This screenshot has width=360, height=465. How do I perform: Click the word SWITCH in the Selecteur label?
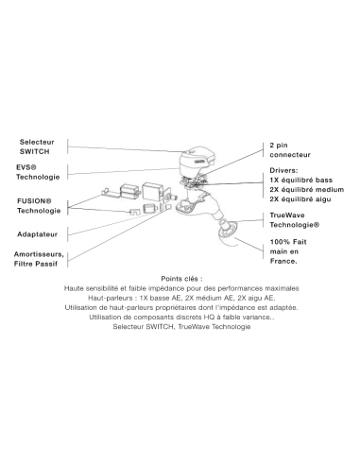click(x=35, y=151)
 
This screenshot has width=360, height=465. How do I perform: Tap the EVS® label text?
click(x=26, y=167)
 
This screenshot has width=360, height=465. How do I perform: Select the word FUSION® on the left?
click(x=34, y=200)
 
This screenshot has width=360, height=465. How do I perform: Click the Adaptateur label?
click(x=38, y=234)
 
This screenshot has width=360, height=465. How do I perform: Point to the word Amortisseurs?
click(x=39, y=254)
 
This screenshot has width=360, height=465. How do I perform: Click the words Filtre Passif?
click(x=36, y=264)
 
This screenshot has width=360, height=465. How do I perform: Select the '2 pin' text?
click(x=279, y=146)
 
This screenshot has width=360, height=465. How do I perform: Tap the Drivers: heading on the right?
click(x=283, y=170)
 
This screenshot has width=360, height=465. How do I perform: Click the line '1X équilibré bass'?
click(x=301, y=181)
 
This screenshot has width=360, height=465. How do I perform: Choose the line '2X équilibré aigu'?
click(x=300, y=199)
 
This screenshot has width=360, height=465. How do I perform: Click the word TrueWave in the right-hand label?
click(x=287, y=215)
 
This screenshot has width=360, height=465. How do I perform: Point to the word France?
click(x=283, y=261)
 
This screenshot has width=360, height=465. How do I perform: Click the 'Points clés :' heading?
click(x=181, y=279)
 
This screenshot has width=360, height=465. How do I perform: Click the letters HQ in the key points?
click(x=208, y=317)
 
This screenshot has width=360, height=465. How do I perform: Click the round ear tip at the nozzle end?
click(x=228, y=229)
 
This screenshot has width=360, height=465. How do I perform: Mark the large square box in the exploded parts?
click(x=153, y=191)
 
